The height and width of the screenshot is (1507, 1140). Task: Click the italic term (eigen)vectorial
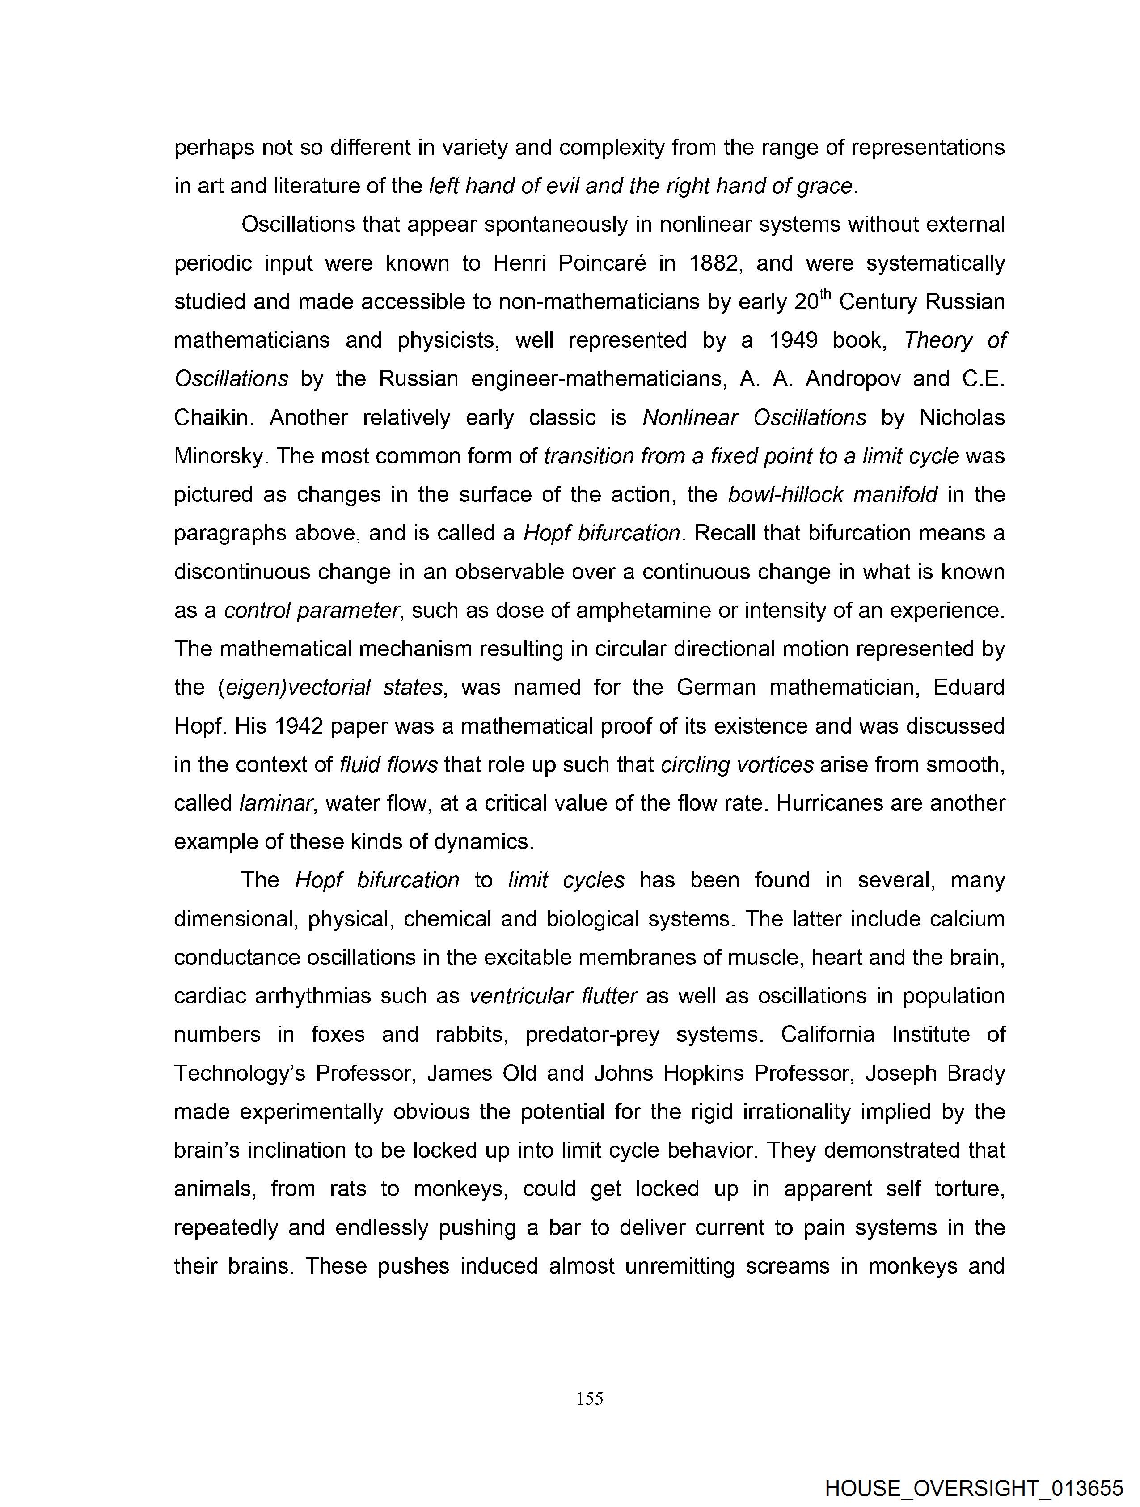click(294, 688)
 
